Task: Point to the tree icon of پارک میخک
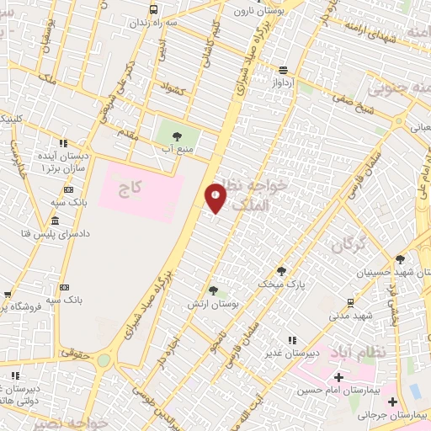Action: (282, 271)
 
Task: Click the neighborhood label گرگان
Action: (349, 246)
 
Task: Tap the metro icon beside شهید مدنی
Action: (350, 301)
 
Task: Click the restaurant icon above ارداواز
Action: (283, 70)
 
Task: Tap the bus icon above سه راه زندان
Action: (153, 9)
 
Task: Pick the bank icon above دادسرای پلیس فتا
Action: (56, 221)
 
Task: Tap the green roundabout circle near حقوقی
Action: (104, 360)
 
